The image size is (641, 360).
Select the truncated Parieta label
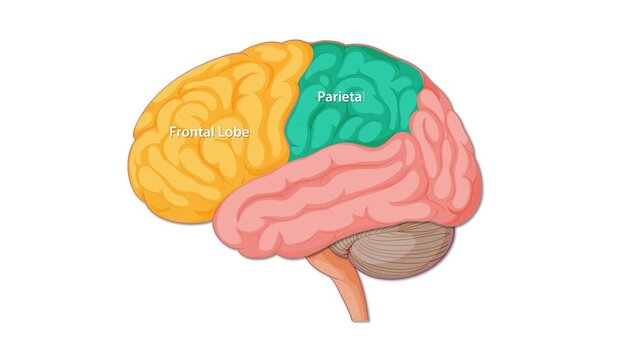(x=341, y=97)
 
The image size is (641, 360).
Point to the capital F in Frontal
(x=173, y=132)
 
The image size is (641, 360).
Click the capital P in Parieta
(x=322, y=97)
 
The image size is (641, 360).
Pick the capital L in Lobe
(x=219, y=132)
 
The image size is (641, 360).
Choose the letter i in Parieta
(x=345, y=97)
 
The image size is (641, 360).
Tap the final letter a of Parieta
(x=360, y=98)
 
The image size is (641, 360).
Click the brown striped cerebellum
(x=400, y=255)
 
